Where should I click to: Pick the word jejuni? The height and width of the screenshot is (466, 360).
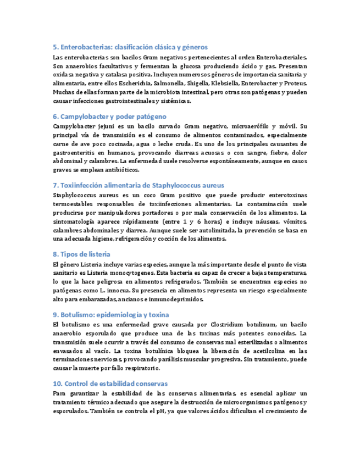[x=106, y=126]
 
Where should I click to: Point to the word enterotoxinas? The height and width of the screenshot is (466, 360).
[x=284, y=195]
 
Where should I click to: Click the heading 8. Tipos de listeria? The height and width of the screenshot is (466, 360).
[x=82, y=254]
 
